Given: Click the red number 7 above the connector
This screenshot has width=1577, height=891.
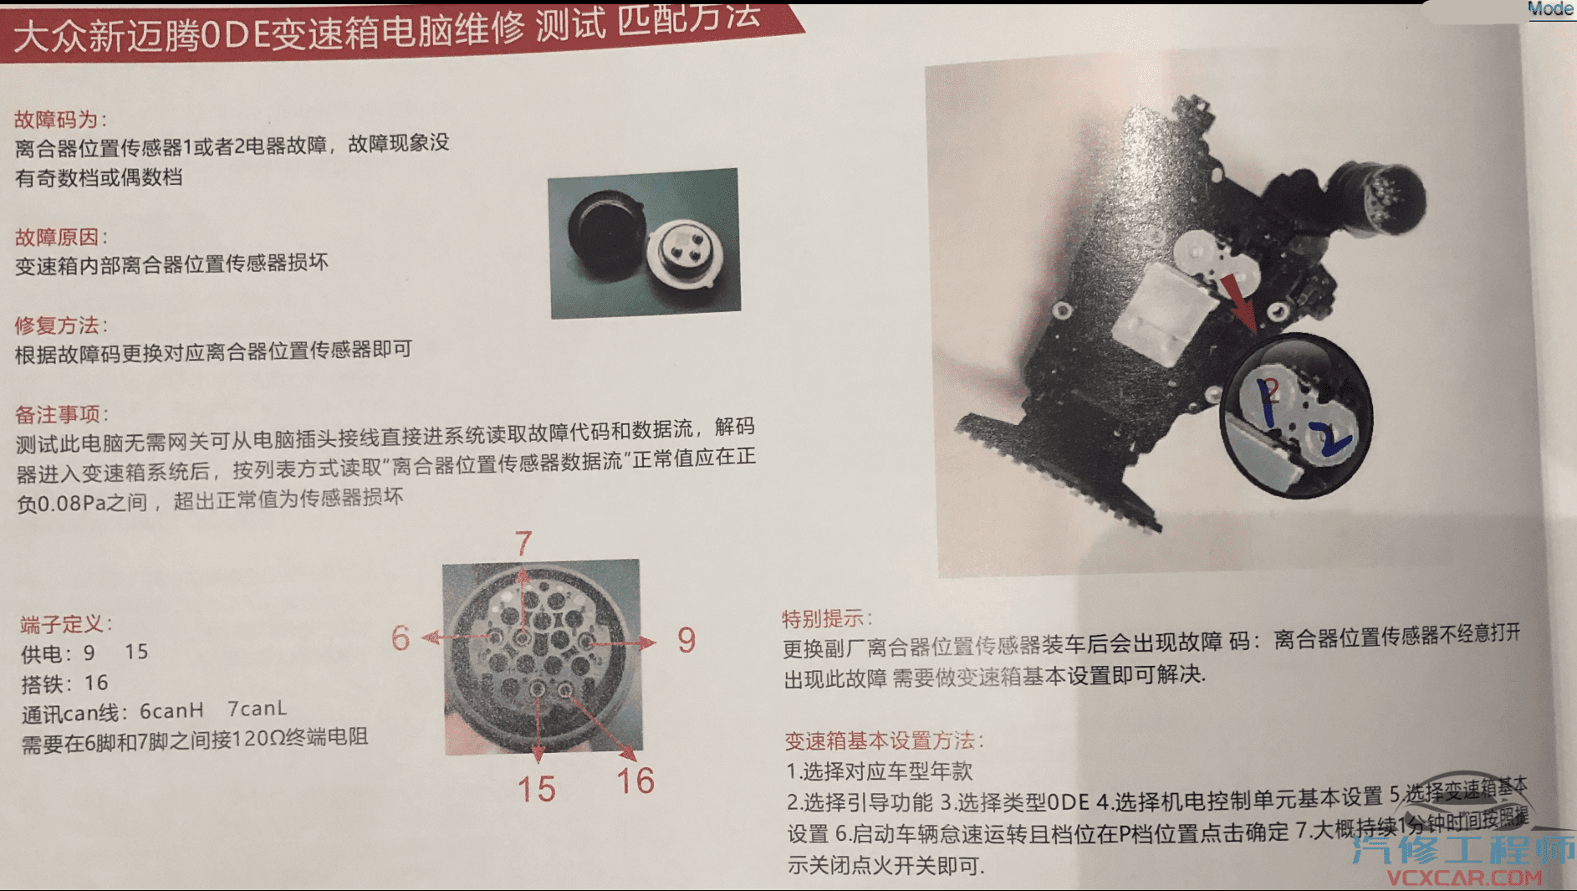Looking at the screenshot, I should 523,544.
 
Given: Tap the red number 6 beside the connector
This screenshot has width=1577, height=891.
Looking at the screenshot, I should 401,638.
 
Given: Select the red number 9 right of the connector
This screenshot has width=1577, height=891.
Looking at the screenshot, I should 686,640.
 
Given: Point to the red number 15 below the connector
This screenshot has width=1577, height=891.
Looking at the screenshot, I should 536,789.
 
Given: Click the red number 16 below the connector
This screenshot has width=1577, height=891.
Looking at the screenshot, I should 635,781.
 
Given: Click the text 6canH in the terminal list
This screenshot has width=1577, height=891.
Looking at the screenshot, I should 171,711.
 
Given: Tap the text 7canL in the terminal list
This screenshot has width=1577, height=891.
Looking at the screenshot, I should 257,709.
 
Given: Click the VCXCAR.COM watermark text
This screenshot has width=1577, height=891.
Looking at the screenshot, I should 1464,878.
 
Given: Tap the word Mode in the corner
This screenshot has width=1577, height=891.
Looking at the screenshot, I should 1550,8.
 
